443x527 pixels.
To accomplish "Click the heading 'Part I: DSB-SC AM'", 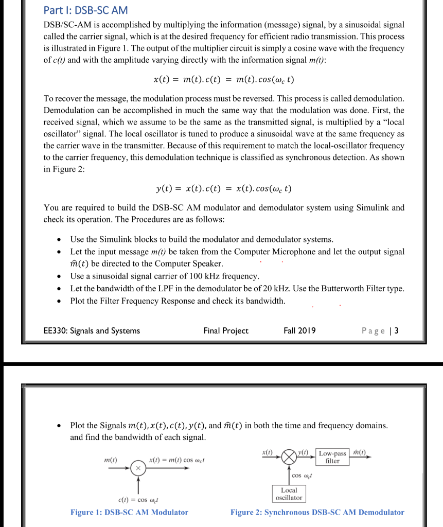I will click(x=86, y=10).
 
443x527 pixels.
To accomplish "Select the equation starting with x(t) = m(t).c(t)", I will click(x=224, y=80).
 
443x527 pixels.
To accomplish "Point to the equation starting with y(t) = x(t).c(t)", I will click(x=224, y=188).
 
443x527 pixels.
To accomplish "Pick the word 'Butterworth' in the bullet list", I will click(x=347, y=289).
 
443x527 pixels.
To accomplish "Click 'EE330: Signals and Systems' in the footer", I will click(x=92, y=330).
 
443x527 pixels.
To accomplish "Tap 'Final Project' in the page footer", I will click(x=226, y=330).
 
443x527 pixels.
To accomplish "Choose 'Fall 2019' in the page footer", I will click(x=299, y=330).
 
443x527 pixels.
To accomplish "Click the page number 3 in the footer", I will click(x=396, y=330).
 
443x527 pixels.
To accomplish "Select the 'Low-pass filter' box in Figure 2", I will click(x=332, y=457).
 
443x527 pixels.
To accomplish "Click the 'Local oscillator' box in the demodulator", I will click(x=289, y=494).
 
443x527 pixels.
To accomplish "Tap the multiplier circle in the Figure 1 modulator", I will click(x=138, y=468).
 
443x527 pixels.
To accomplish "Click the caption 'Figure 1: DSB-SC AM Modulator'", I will click(x=129, y=512).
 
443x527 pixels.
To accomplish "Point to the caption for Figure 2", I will click(x=317, y=512).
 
